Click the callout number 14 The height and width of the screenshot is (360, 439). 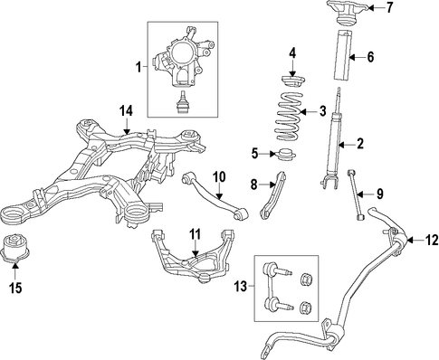click(126, 111)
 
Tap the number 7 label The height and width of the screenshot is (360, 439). click(390, 7)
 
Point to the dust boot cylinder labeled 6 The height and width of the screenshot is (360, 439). click(343, 55)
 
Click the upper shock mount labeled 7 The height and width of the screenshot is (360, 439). click(348, 14)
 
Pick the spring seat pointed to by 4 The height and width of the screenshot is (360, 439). click(293, 82)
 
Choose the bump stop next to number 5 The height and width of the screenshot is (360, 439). click(286, 155)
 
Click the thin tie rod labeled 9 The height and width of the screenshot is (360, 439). click(356, 194)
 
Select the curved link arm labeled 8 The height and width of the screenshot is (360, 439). click(272, 194)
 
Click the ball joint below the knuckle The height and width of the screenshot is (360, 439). click(182, 102)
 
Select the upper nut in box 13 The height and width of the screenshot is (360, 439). click(307, 279)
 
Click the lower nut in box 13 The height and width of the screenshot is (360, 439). click(306, 308)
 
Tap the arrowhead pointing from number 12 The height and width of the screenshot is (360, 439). click(410, 241)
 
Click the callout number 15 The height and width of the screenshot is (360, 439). click(15, 289)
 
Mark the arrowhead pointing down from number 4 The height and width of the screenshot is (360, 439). click(292, 73)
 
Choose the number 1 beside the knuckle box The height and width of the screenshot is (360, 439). click(138, 67)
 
